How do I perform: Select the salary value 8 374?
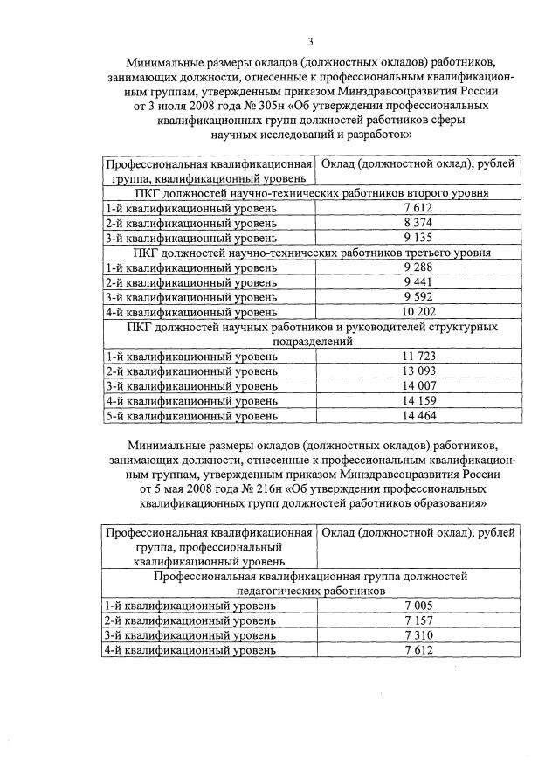[x=418, y=223]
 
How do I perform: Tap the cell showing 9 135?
[x=418, y=238]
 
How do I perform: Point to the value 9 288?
[x=418, y=267]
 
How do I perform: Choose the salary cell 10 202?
[x=418, y=312]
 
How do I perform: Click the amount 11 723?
[x=418, y=357]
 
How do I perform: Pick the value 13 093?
[x=418, y=371]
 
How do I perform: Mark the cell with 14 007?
[x=418, y=386]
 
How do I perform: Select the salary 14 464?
[x=418, y=416]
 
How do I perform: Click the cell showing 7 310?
[x=418, y=635]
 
